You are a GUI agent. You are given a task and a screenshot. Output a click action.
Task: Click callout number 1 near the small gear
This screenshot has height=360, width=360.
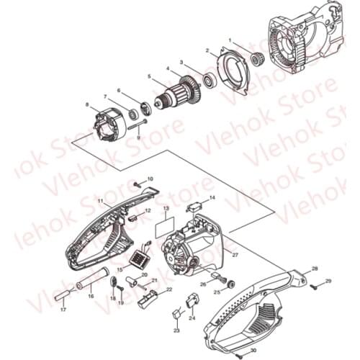pos(230,40)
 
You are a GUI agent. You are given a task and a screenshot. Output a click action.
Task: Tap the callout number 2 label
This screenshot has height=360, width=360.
pos(207,51)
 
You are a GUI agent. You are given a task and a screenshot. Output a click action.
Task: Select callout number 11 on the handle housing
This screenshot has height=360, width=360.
pos(101,201)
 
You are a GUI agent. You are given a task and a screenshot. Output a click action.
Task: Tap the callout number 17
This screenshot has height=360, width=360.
pos(63,310)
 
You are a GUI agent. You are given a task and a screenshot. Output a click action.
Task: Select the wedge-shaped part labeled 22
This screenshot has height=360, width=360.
pos(149,297)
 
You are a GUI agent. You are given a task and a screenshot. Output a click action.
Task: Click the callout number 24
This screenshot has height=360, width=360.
pos(192,317)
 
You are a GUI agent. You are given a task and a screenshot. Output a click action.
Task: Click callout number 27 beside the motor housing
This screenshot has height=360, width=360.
pos(235,255)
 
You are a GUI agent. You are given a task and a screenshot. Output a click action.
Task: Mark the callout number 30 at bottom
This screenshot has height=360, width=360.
pos(253,351)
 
